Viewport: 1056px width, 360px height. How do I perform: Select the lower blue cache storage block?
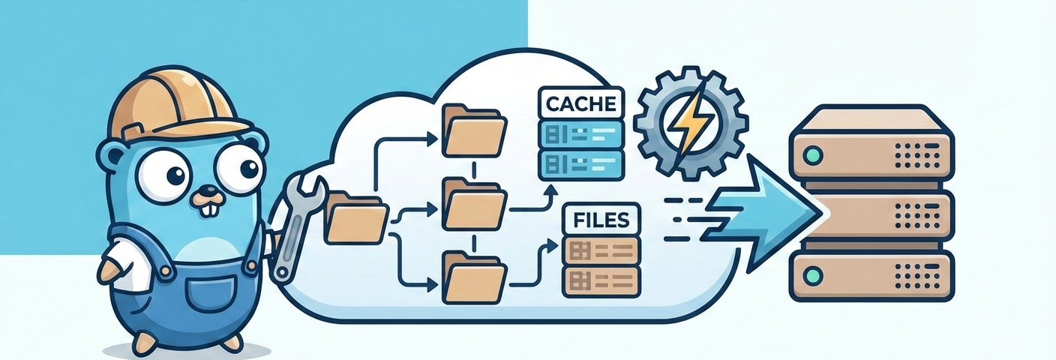[582, 163]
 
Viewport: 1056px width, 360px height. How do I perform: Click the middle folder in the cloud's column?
[472, 202]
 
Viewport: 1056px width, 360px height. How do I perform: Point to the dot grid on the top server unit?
[910, 154]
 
